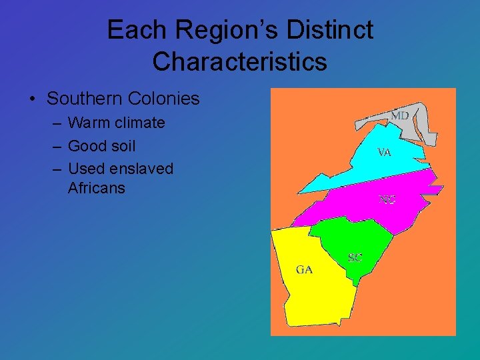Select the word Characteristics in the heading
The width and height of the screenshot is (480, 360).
[x=239, y=61]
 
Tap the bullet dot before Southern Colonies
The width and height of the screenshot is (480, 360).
[x=32, y=99]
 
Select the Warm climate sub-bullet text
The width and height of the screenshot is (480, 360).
[x=116, y=123]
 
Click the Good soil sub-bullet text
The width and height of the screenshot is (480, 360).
[x=101, y=145]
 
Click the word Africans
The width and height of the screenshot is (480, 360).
[x=96, y=188]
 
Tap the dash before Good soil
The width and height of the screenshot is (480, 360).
[x=56, y=146]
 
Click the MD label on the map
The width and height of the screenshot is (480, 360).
[x=399, y=116]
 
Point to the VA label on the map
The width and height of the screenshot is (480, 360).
[x=384, y=152]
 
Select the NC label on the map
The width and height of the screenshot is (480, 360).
[x=387, y=199]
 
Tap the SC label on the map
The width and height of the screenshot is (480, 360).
[x=355, y=257]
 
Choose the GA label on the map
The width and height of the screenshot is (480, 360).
[x=304, y=269]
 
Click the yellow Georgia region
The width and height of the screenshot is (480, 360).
[x=313, y=293]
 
